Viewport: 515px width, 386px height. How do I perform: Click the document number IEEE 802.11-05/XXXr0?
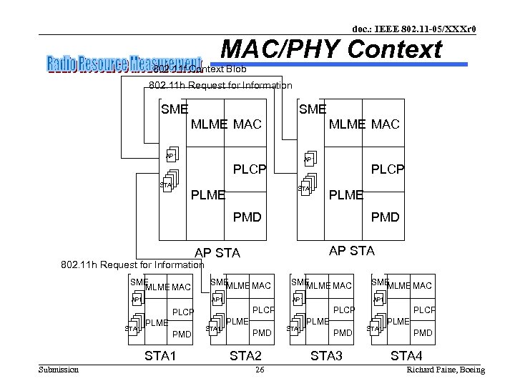pyautogui.click(x=416, y=29)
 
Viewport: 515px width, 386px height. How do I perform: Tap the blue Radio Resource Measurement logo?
pyautogui.click(x=124, y=64)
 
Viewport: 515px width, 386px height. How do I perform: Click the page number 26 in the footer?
pyautogui.click(x=260, y=370)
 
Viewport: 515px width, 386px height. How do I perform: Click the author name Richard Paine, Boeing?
pyautogui.click(x=445, y=370)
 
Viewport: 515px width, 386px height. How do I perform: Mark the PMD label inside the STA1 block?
pyautogui.click(x=182, y=333)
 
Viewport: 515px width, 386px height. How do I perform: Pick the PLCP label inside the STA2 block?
pyautogui.click(x=264, y=310)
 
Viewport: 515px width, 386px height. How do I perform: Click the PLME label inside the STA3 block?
pyautogui.click(x=317, y=322)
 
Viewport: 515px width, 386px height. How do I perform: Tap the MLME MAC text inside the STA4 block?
pyautogui.click(x=409, y=286)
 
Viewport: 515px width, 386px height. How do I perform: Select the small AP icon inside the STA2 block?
pyautogui.click(x=215, y=300)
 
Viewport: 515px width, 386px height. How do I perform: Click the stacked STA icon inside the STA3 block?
pyautogui.click(x=294, y=327)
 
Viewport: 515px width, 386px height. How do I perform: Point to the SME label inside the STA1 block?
pyautogui.click(x=137, y=282)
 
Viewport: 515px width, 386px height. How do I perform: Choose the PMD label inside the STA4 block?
pyautogui.click(x=423, y=333)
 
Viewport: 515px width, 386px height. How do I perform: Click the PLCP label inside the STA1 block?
pyautogui.click(x=183, y=312)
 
